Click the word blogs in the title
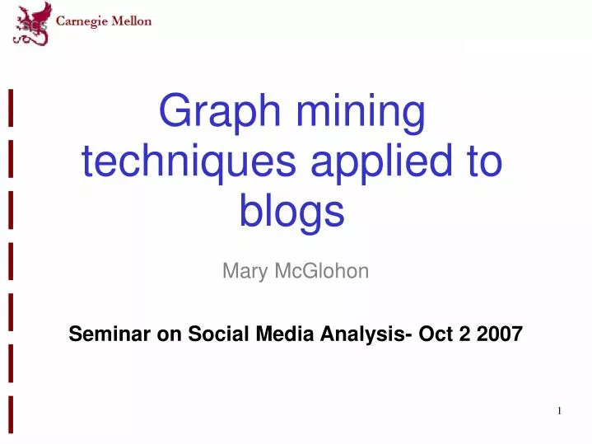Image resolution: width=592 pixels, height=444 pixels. click(x=291, y=211)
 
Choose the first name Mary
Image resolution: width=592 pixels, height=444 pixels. click(x=243, y=271)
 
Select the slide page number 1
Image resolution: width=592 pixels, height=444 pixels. click(x=559, y=411)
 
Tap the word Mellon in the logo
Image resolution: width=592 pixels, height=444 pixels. click(x=133, y=21)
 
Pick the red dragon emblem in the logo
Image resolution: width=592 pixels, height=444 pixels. click(x=31, y=23)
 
